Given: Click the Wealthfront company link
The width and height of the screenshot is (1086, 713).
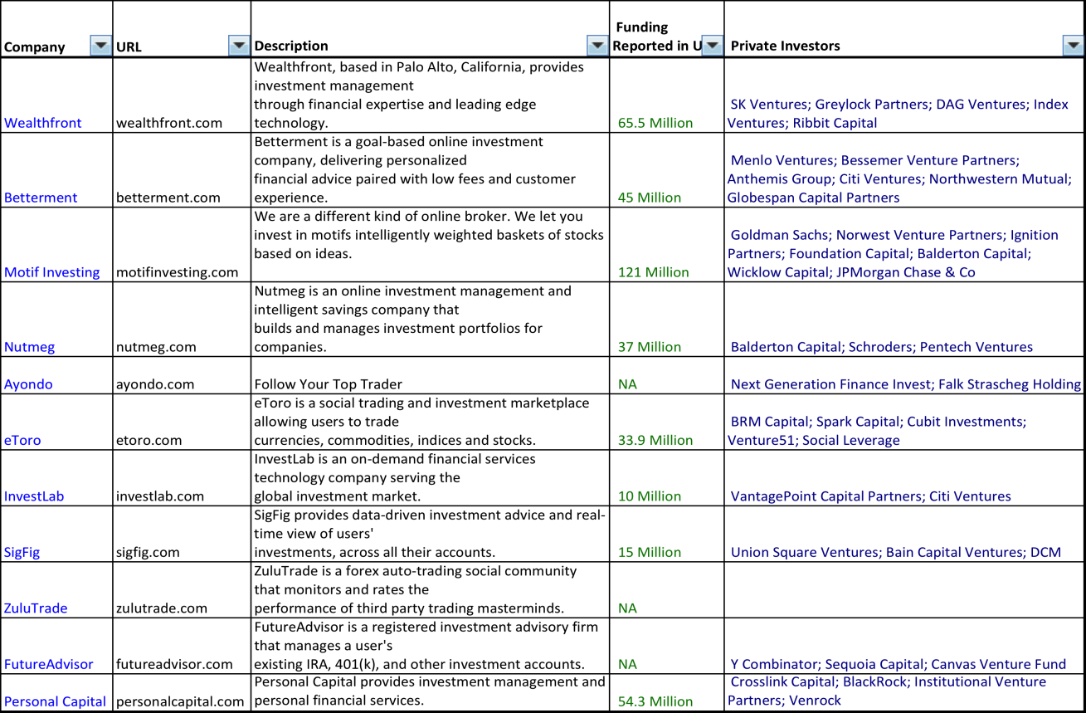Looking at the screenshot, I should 43,123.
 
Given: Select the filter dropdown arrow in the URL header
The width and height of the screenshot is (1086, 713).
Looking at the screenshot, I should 239,46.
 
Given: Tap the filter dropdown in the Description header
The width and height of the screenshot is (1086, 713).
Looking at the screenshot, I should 597,46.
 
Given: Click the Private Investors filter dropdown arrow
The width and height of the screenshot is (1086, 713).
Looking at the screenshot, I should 1073,46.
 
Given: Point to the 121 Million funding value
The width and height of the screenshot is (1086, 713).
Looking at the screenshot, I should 654,272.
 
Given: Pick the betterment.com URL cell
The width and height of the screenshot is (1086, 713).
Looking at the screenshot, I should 168,198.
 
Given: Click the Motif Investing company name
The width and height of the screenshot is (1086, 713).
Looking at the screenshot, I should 51,272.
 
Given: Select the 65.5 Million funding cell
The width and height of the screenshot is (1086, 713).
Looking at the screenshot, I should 655,123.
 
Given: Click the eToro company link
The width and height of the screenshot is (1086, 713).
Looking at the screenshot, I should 22,440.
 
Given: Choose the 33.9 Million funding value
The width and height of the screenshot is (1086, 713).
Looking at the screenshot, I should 655,440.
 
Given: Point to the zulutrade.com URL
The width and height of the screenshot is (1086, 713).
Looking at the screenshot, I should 162,608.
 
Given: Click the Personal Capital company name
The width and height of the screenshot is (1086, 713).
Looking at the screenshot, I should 55,701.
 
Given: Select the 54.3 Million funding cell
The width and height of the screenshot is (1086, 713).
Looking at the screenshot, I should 655,701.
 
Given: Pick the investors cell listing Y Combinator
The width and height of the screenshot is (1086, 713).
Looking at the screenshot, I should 898,664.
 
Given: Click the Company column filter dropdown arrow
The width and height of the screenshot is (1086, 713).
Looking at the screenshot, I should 100,46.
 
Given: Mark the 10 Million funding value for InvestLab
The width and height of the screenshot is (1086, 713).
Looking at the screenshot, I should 650,496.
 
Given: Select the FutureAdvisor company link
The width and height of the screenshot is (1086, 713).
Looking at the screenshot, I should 49,664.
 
